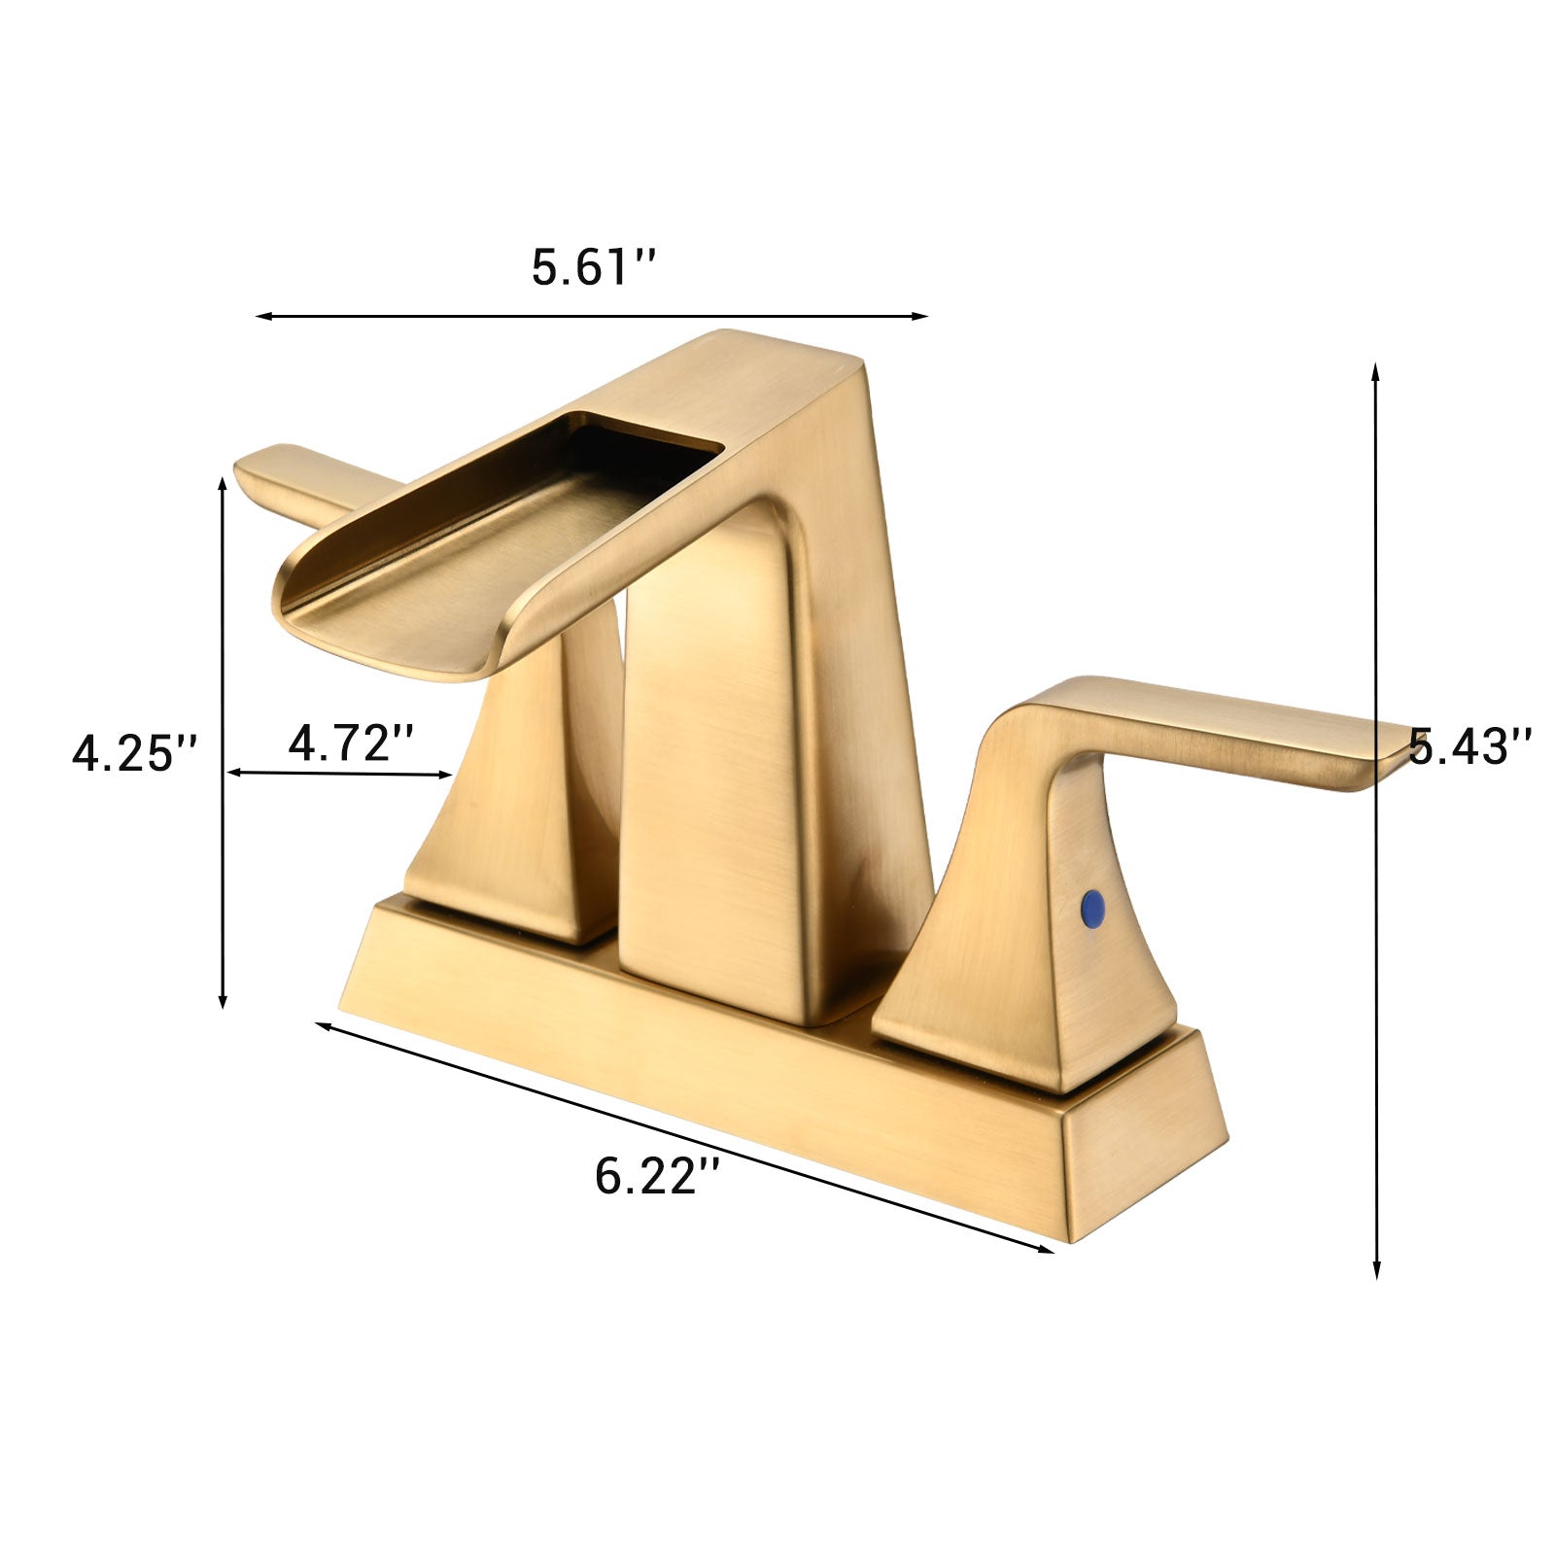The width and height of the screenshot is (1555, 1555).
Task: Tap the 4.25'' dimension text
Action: (135, 753)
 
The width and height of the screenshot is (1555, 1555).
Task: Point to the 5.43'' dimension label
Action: (1469, 747)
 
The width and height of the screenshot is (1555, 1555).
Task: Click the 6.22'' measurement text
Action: (657, 1177)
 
